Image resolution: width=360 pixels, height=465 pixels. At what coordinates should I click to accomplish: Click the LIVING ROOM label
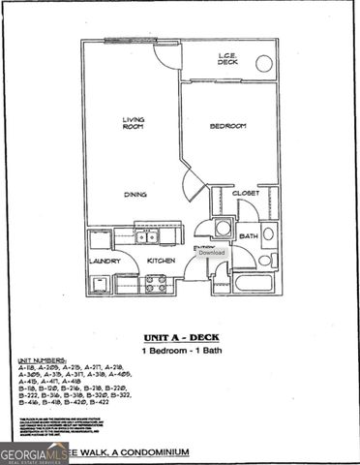pyautogui.click(x=133, y=123)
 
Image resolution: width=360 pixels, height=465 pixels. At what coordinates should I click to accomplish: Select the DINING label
pyautogui.click(x=135, y=195)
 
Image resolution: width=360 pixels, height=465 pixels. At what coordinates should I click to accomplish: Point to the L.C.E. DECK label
pyautogui.click(x=227, y=60)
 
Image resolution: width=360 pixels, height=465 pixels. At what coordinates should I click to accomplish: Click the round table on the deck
pyautogui.click(x=263, y=64)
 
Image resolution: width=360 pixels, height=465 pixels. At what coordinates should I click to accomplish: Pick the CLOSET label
pyautogui.click(x=246, y=194)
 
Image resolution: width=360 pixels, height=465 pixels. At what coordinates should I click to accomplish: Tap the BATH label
pyautogui.click(x=248, y=235)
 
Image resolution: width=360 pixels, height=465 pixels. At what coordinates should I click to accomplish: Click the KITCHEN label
pyautogui.click(x=160, y=261)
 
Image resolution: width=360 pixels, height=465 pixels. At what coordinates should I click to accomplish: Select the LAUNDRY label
pyautogui.click(x=105, y=261)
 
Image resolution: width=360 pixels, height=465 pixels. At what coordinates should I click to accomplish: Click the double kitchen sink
pyautogui.click(x=147, y=236)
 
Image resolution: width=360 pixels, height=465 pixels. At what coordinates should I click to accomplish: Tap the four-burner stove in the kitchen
pyautogui.click(x=155, y=284)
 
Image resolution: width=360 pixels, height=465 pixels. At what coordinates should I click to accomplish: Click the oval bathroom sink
pyautogui.click(x=268, y=233)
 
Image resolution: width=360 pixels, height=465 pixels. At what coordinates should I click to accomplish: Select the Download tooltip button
pyautogui.click(x=211, y=253)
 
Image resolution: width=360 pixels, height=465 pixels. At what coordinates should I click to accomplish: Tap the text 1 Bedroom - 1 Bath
pyautogui.click(x=181, y=350)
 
